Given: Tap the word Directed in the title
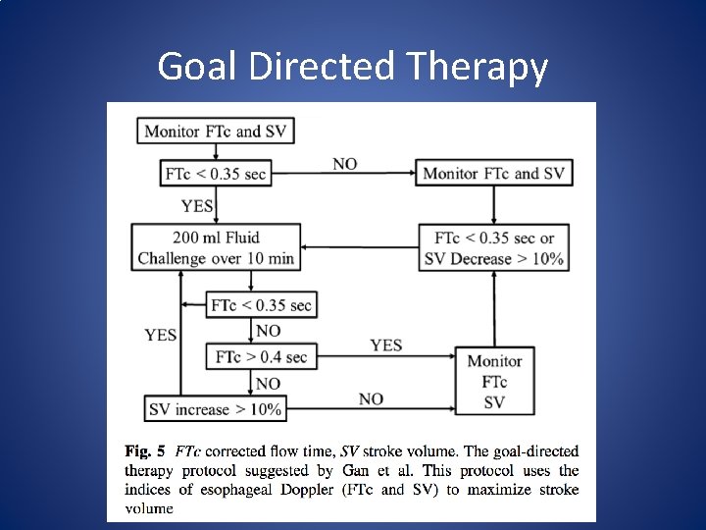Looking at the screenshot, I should (x=315, y=67).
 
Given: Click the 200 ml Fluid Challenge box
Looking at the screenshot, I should (x=216, y=247).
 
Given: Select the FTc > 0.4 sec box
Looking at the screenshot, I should (x=262, y=356).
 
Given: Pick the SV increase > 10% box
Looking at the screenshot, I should (x=216, y=409).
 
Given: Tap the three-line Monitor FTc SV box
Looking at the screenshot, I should (x=495, y=382).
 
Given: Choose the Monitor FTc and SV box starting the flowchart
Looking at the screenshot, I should (x=216, y=131).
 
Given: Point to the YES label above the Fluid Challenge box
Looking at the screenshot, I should (x=197, y=206).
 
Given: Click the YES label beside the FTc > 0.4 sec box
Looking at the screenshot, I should (x=385, y=344).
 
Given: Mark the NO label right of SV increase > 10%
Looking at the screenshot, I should (x=371, y=398).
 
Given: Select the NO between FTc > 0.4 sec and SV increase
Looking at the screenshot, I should (x=268, y=383).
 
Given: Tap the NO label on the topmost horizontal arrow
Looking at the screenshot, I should (x=344, y=164).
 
